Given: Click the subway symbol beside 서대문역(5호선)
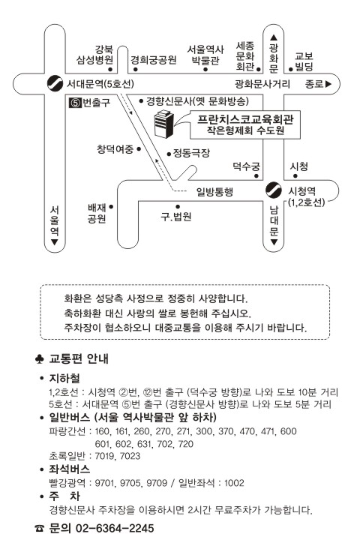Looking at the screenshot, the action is pos(55,83).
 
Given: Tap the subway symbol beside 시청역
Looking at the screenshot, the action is pos(274,190).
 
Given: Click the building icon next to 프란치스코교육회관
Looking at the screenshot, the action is pos(164,124).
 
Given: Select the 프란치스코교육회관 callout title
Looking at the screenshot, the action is pos(245,119).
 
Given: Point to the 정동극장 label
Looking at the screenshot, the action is pos(191,153).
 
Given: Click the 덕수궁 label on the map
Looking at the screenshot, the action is pos(246,166).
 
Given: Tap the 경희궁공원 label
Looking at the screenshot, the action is pos(154,60).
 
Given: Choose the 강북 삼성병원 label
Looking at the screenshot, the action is pos(95,55).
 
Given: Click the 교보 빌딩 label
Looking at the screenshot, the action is pos(304,61).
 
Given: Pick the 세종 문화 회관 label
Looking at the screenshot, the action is pos(245,56).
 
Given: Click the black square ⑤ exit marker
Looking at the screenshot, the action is pos(75,103).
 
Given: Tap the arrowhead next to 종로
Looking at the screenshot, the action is pos(328,84).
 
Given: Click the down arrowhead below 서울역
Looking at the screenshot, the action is pos(55,242).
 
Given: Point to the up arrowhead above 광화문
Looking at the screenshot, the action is pos(274,37).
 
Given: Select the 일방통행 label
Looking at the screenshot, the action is pos(214,192).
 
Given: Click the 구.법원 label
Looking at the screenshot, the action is pos(176,216).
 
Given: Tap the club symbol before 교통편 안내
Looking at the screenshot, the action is pos(40,358).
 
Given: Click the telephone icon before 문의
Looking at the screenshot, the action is pos(40,528).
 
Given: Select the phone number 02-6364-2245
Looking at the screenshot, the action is pos(115,528).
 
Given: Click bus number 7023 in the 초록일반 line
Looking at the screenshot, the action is pos(130,456).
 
